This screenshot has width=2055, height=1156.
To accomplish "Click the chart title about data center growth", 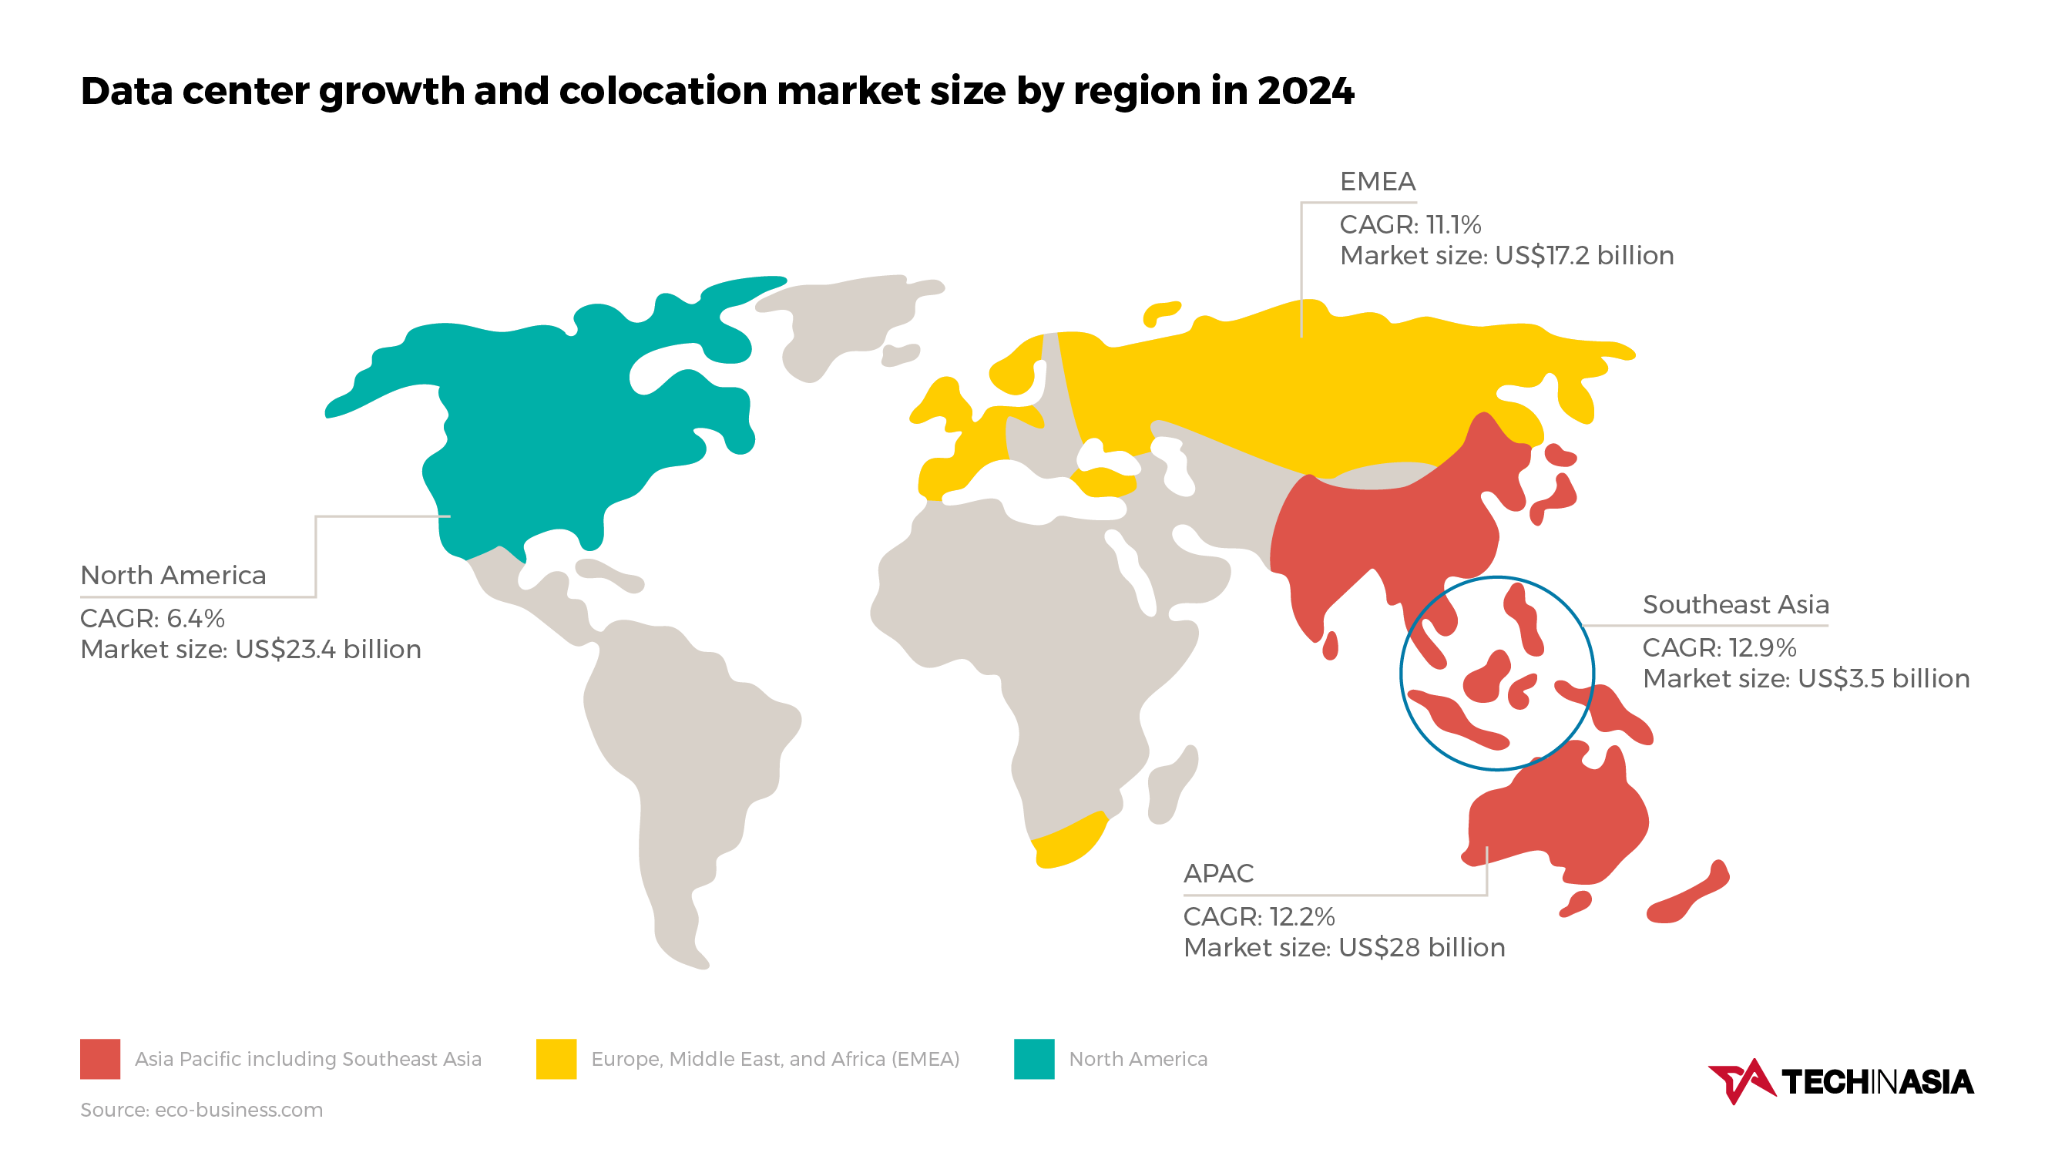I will coord(717,90).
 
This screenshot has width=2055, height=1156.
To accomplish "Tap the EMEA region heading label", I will coord(1377,182).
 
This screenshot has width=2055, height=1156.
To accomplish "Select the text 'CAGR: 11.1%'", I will coord(1409,225).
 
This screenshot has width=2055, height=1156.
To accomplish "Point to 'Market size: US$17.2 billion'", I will coord(1506,256).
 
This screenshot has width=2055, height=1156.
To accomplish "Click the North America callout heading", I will coord(173,575).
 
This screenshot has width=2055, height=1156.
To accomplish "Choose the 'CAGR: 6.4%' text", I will coord(153,618).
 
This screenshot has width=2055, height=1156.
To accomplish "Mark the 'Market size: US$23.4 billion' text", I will coord(250,650).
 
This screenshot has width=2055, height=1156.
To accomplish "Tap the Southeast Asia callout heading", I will coord(1735,605).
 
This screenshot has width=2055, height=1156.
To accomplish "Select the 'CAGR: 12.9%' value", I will coord(1719,648).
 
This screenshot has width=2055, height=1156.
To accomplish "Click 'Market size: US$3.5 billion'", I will coord(1805,679).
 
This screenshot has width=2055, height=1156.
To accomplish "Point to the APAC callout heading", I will coord(1218,874).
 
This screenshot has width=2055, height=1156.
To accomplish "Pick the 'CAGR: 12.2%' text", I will coord(1259,916).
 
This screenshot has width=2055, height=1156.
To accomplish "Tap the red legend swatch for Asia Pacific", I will coord(99,1059).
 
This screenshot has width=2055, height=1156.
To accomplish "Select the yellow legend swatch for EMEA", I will coord(556,1059).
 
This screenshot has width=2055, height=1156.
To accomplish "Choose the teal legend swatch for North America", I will coord(1034,1059).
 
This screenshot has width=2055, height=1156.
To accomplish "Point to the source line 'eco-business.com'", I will coord(201,1110).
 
